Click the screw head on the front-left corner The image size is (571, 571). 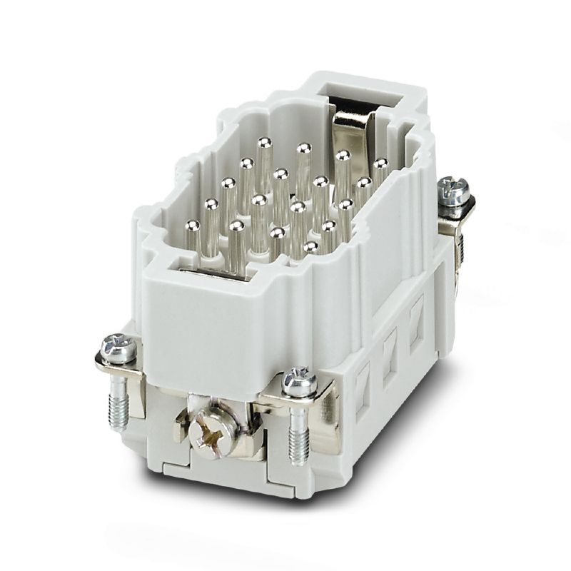click(x=118, y=348)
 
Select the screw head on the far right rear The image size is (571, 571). click(x=454, y=189)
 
